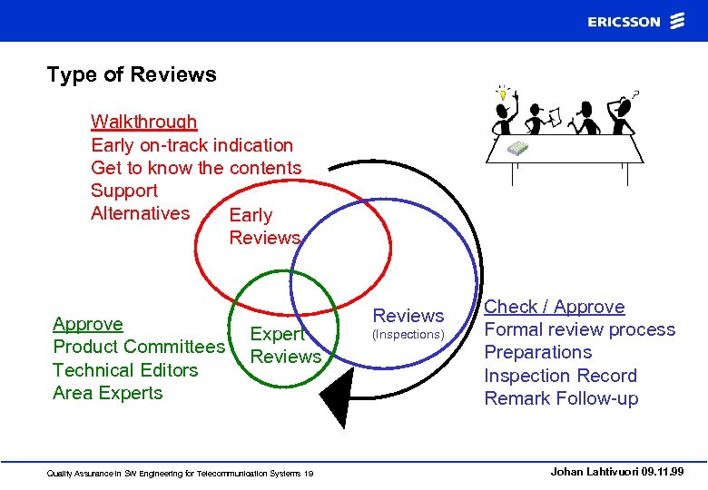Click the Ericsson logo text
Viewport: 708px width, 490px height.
click(624, 22)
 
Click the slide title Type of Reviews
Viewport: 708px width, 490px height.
click(132, 74)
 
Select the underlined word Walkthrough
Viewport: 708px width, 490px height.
click(143, 122)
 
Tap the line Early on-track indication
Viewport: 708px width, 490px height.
click(192, 145)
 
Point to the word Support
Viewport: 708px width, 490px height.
click(123, 191)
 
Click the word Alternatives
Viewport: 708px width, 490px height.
click(140, 213)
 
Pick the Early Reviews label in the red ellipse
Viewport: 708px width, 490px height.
click(264, 226)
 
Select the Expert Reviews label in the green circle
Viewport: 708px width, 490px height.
click(285, 345)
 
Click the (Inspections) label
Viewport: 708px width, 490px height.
click(408, 335)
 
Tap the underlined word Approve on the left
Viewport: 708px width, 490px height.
click(87, 324)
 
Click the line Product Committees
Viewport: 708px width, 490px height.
click(139, 347)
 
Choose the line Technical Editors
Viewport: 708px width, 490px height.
click(125, 370)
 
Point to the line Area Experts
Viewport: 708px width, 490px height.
click(107, 393)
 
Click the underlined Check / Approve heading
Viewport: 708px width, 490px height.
click(554, 307)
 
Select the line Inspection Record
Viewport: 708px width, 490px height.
click(560, 376)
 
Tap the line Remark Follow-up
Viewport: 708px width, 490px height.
click(561, 398)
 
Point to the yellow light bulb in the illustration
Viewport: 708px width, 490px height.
click(501, 93)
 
